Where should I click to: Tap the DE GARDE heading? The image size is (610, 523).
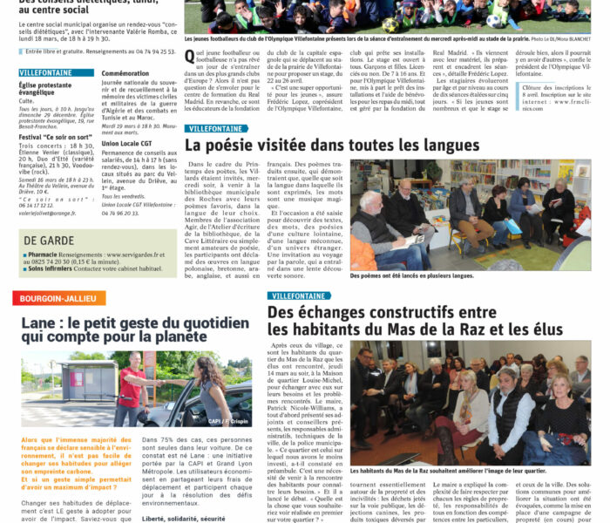pos(43,240)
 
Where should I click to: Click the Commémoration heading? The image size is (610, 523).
pos(125,74)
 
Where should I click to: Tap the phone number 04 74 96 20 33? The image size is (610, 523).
pos(120,212)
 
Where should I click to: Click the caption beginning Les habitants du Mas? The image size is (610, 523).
pos(448,471)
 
